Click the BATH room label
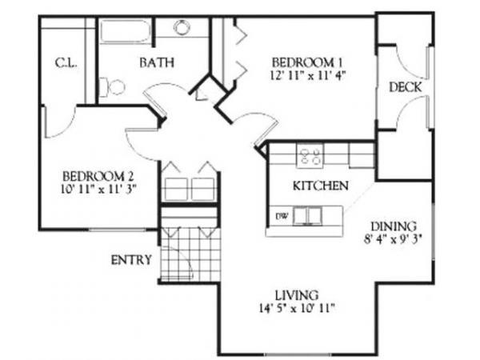(x=158, y=62)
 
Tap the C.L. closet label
(x=65, y=63)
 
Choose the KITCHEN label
(x=320, y=186)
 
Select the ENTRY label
(x=130, y=261)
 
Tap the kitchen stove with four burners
(x=310, y=154)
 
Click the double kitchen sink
(x=307, y=215)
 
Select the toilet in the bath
(x=112, y=85)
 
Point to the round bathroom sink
(x=182, y=27)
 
